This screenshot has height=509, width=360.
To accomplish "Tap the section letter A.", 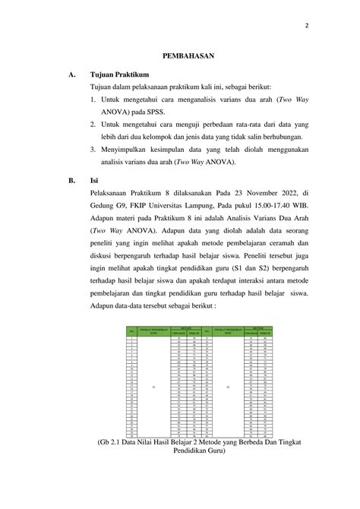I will pyautogui.click(x=71, y=74).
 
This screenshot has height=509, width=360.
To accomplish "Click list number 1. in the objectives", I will pyautogui.click(x=93, y=98).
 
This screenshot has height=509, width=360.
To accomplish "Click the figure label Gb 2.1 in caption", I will pyautogui.click(x=111, y=441).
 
